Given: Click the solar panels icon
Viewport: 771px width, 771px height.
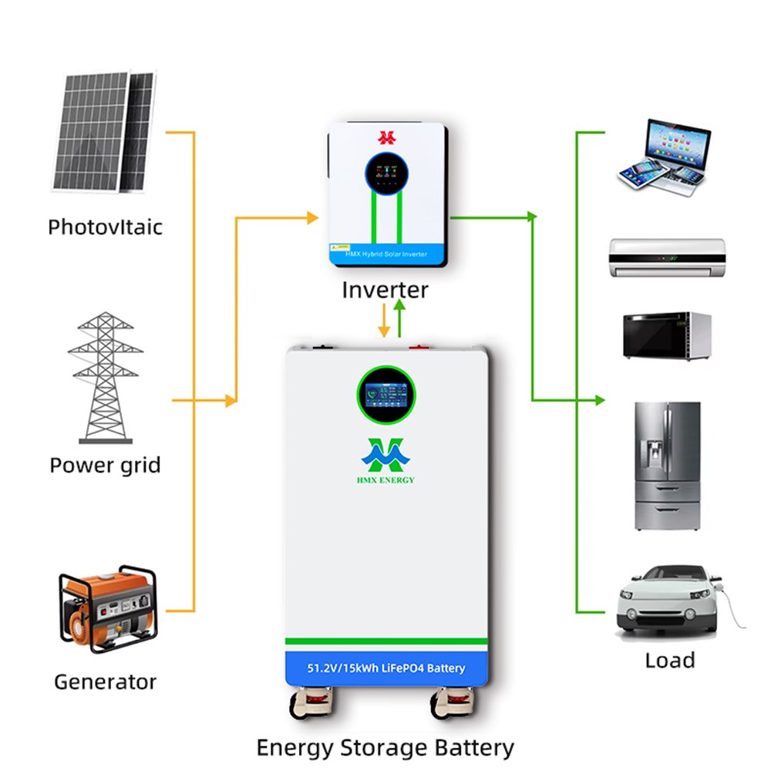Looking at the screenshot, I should (x=103, y=133).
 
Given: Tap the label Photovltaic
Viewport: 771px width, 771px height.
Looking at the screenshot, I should (x=105, y=227).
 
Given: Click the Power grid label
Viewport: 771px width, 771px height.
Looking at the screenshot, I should (x=105, y=466).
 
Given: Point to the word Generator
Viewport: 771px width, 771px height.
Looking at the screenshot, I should (x=105, y=682).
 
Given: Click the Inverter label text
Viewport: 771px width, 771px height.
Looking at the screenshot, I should (x=385, y=291).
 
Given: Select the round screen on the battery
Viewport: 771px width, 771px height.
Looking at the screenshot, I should (x=387, y=399).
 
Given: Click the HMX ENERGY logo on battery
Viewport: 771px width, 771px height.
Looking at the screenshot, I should (x=387, y=459).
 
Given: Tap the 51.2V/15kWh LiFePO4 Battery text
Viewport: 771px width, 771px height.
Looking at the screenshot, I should (x=386, y=668).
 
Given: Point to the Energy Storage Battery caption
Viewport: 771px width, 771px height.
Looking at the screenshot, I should (x=385, y=747).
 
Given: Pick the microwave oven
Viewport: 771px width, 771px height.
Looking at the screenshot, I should (x=666, y=334).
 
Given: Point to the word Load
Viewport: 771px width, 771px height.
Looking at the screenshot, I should (x=669, y=660).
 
